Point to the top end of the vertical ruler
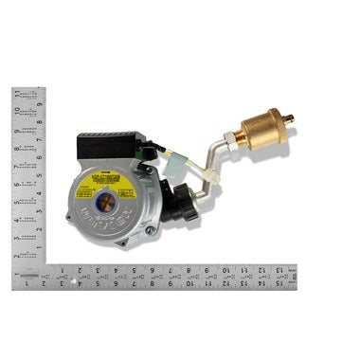coord(28,90)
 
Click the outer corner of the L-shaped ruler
coord(13,289)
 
